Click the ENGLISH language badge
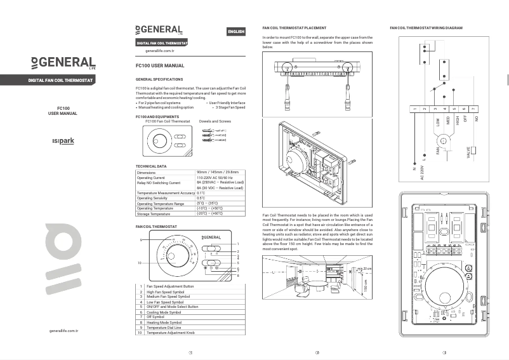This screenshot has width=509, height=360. pos(235,32)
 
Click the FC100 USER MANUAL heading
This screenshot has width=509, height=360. pos(160,65)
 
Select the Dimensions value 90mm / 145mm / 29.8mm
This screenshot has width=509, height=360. pos(218,172)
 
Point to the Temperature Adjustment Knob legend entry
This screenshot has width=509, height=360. pos(170,333)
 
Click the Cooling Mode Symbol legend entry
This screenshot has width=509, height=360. pos(164,312)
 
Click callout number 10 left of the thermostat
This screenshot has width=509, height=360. pos(140,262)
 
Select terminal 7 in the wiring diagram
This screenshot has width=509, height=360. pos(473,109)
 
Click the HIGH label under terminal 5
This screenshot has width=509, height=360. pos(456,122)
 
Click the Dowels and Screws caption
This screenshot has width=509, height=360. pos(215,121)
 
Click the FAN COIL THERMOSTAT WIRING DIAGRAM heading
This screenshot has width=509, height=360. pos(426,29)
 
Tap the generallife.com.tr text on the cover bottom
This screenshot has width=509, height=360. pos(63,331)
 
